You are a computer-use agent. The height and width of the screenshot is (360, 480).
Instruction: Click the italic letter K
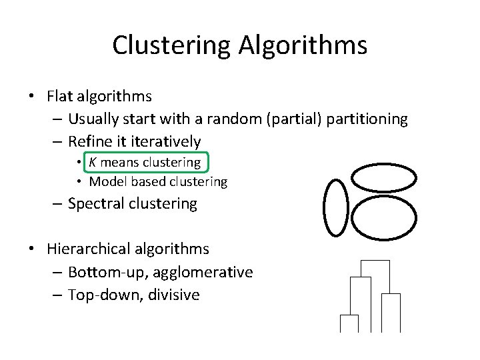pyautogui.click(x=93, y=162)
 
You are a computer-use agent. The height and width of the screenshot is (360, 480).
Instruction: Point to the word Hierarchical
pyautogui.click(x=96, y=249)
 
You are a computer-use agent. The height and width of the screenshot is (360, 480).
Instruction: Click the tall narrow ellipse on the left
pyautogui.click(x=335, y=207)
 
